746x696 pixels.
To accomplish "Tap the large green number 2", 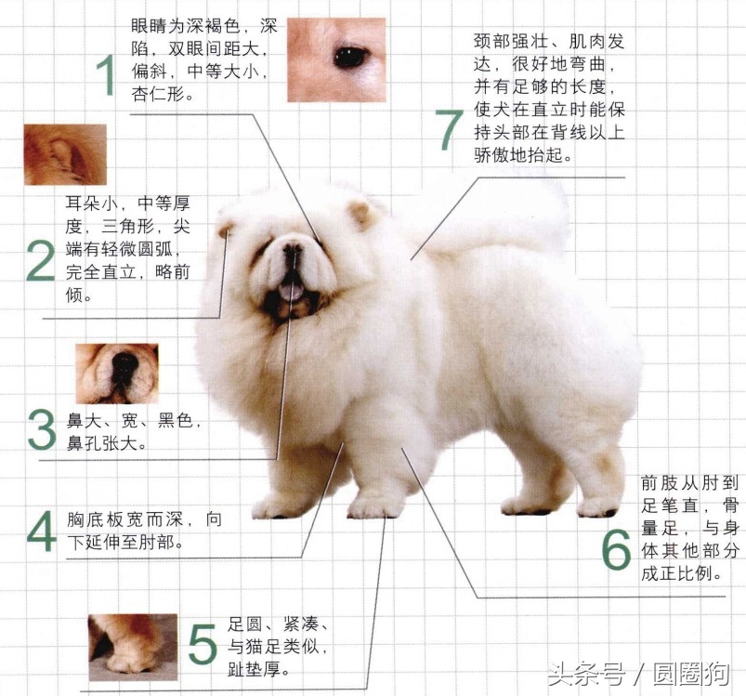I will click(x=40, y=261).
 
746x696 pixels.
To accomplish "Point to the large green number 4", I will click(x=40, y=531).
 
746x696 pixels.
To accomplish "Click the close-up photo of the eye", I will click(x=335, y=59).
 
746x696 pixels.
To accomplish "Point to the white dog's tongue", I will click(x=290, y=294).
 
